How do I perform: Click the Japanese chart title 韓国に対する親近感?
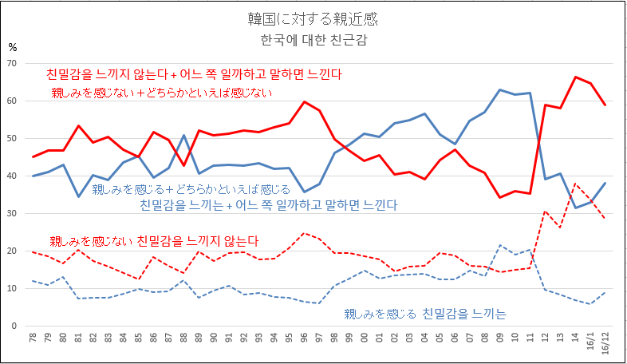pos(313,17)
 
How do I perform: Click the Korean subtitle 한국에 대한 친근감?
pos(313,38)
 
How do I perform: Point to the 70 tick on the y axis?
pos(13,63)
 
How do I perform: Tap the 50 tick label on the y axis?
pos(13,138)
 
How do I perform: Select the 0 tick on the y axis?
pos(15,326)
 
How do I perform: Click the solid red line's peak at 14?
pos(575,77)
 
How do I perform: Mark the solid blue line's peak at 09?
pos(499,90)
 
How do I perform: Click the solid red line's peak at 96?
pos(304,102)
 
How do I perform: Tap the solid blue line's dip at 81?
pos(78,196)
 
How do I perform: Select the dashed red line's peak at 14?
pos(575,184)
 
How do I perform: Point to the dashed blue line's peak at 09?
pos(499,245)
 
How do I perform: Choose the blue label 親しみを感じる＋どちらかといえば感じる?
pos(191,189)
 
